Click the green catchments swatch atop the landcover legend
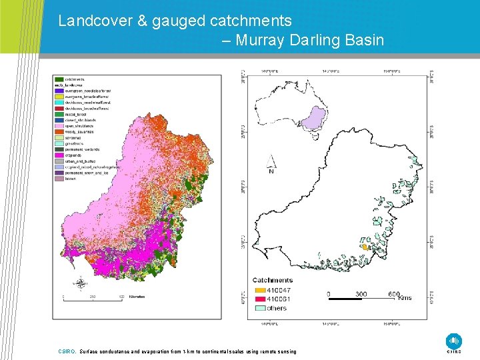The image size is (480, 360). (59, 79)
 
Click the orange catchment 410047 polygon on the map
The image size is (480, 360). (365, 247)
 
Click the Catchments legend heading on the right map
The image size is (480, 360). (273, 280)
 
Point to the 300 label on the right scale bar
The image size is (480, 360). (361, 293)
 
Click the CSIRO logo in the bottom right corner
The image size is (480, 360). (454, 341)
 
